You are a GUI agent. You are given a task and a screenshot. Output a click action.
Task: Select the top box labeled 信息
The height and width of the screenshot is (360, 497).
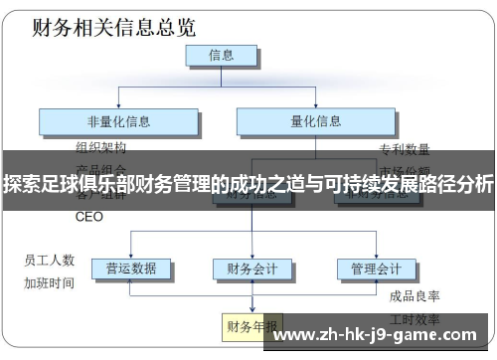click(x=222, y=56)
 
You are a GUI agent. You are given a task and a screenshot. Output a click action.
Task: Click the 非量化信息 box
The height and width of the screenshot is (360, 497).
click(x=118, y=121)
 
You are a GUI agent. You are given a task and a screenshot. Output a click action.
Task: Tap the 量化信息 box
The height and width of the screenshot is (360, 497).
click(x=315, y=121)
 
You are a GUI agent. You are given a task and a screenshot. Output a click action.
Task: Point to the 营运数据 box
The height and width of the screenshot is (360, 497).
click(x=130, y=269)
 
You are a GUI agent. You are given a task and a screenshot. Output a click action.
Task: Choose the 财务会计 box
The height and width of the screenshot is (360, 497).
click(x=252, y=269)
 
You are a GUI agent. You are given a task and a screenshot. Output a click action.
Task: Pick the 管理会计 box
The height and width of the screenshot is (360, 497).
click(x=376, y=269)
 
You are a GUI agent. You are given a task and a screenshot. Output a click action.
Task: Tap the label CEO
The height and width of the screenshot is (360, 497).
click(x=89, y=217)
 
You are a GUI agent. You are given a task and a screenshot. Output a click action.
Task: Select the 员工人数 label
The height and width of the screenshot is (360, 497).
click(x=50, y=261)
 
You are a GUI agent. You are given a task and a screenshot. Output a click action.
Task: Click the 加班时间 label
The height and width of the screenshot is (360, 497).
click(x=50, y=282)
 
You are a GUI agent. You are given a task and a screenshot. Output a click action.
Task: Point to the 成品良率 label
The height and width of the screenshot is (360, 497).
click(x=414, y=295)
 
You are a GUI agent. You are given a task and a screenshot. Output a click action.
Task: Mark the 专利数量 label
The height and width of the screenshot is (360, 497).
click(x=405, y=149)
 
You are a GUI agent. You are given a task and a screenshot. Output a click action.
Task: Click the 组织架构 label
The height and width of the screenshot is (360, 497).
click(x=101, y=147)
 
